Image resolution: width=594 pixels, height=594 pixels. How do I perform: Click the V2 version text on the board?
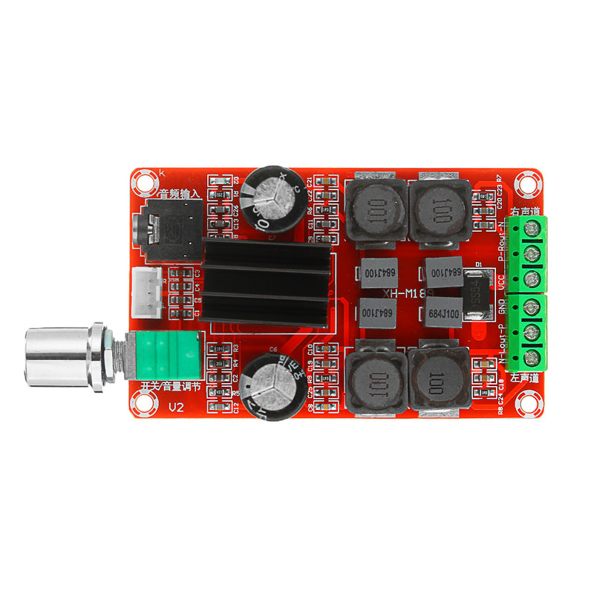pyautogui.click(x=176, y=408)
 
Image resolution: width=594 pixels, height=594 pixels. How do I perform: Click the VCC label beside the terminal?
pyautogui.click(x=503, y=283)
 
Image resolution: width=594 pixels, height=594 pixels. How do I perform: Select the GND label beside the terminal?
pyautogui.click(x=503, y=306)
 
